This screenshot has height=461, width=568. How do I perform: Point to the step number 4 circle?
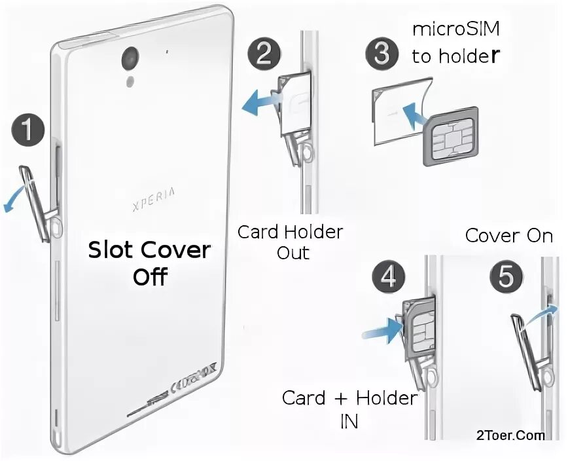point(388,277)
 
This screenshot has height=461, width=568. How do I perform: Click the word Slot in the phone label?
point(108,250)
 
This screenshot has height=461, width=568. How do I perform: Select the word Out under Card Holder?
point(293,253)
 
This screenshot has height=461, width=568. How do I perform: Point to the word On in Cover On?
point(540,236)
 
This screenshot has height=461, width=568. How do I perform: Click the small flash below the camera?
point(131,81)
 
